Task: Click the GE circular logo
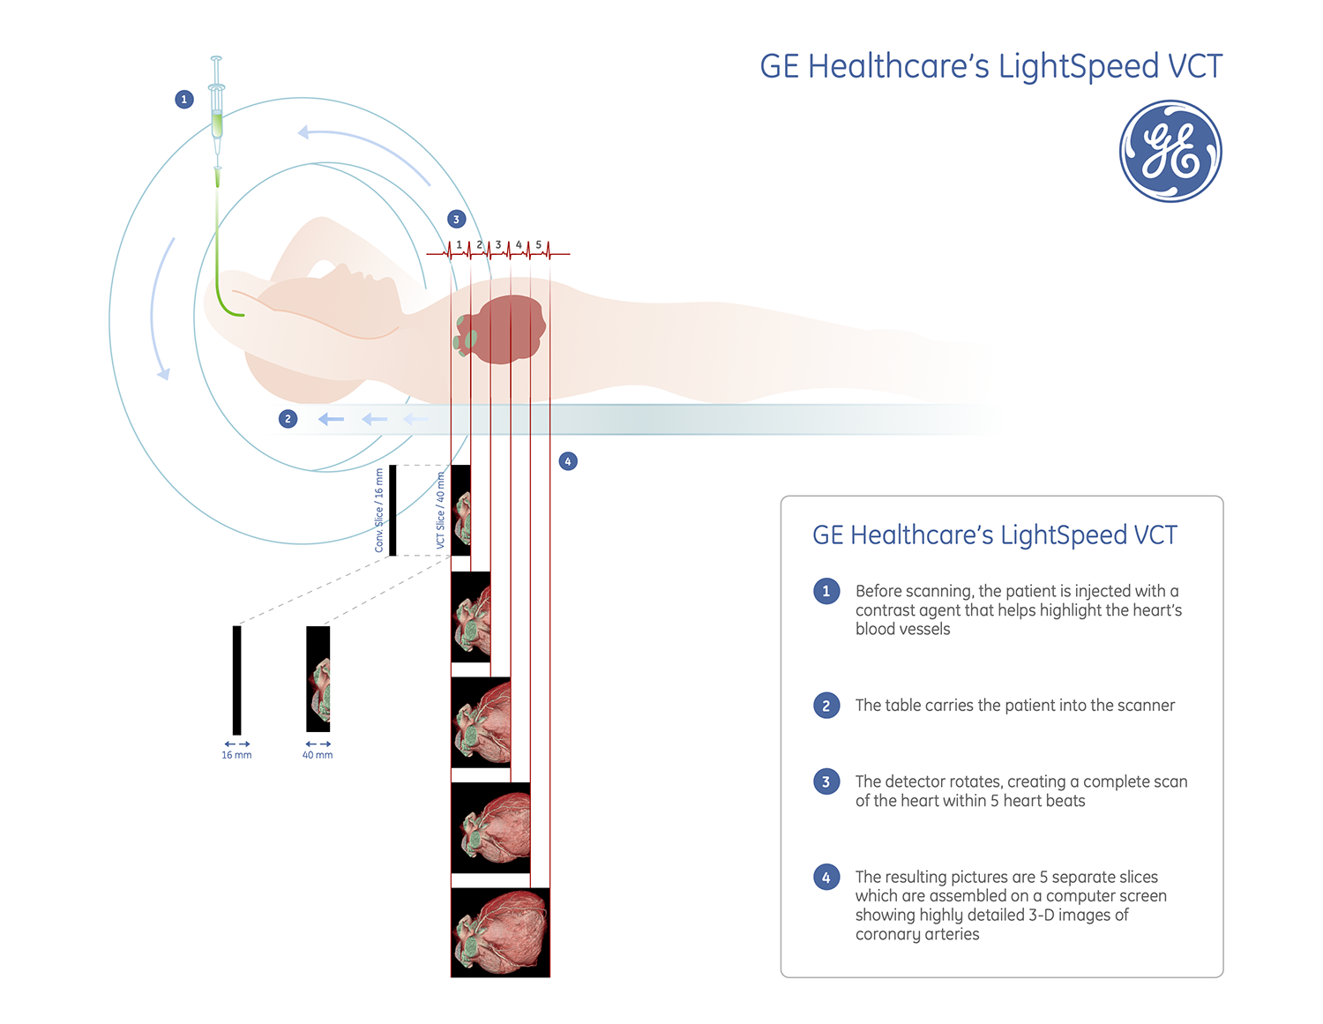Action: (1170, 151)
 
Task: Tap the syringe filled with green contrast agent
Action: (216, 115)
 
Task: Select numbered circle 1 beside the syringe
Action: (183, 99)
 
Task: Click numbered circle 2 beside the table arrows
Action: (288, 419)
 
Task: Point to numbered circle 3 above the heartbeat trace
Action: (456, 219)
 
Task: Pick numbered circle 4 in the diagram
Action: (568, 461)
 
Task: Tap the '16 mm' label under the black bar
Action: (236, 755)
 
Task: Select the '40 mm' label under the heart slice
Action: (318, 755)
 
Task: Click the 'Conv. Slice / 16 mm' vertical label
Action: (379, 511)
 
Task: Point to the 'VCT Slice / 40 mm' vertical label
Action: (441, 511)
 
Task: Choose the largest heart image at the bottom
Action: (500, 932)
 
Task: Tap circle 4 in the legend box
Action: (826, 877)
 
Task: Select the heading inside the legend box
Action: (994, 535)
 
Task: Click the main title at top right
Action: (990, 67)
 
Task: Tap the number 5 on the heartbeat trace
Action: (539, 244)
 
